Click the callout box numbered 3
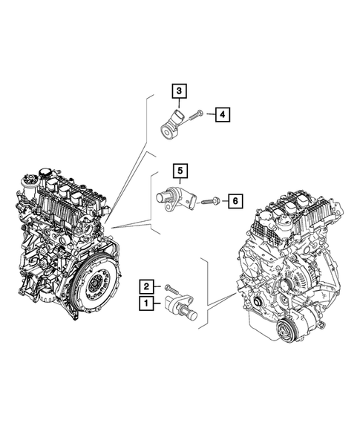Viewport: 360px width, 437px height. [x=180, y=92]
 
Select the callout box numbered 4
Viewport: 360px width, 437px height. [x=221, y=114]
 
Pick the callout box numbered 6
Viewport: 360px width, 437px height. [x=234, y=200]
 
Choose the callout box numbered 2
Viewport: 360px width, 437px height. [x=147, y=286]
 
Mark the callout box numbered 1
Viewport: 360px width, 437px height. [x=147, y=303]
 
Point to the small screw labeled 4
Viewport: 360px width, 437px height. [x=197, y=115]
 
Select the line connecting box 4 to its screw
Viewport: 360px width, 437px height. [x=209, y=114]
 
